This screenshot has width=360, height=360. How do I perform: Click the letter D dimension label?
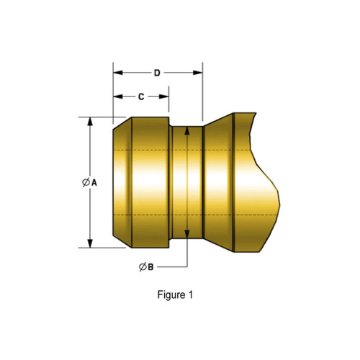(x=157, y=73)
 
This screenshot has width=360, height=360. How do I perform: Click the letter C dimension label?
(x=141, y=96)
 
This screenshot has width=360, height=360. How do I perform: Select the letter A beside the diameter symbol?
(x=94, y=183)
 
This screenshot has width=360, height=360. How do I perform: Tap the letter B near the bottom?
(x=150, y=267)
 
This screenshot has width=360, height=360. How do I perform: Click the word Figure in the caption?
(x=170, y=294)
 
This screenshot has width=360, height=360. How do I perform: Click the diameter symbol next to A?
(x=85, y=183)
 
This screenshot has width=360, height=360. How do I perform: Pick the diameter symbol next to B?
(x=142, y=267)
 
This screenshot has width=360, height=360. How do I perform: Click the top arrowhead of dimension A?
(x=90, y=122)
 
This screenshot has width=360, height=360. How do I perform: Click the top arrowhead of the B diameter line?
(x=186, y=130)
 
